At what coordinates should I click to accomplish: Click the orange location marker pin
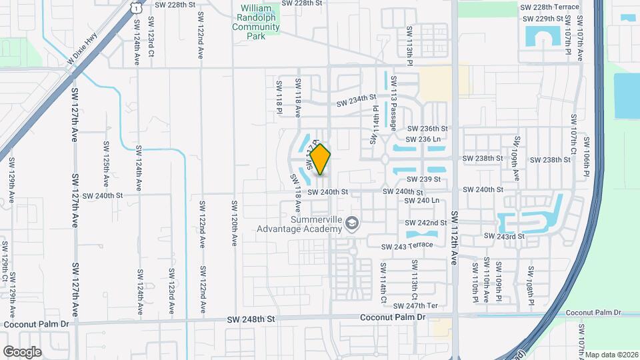[x=321, y=159]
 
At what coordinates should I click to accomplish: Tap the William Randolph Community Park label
[x=257, y=22]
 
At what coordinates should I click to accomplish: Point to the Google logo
[x=22, y=351]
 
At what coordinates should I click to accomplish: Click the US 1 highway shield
[x=135, y=7]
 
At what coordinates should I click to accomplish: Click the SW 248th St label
[x=251, y=319]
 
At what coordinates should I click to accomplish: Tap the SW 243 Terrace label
[x=407, y=246]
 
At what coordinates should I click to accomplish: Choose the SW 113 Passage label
[x=394, y=103]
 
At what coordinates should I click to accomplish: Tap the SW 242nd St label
[x=425, y=223]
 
